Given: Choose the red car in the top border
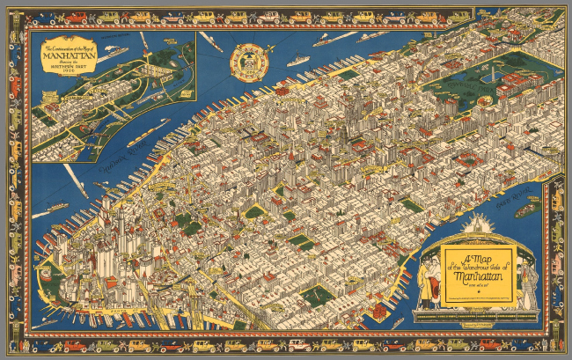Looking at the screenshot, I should tap(77, 17).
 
